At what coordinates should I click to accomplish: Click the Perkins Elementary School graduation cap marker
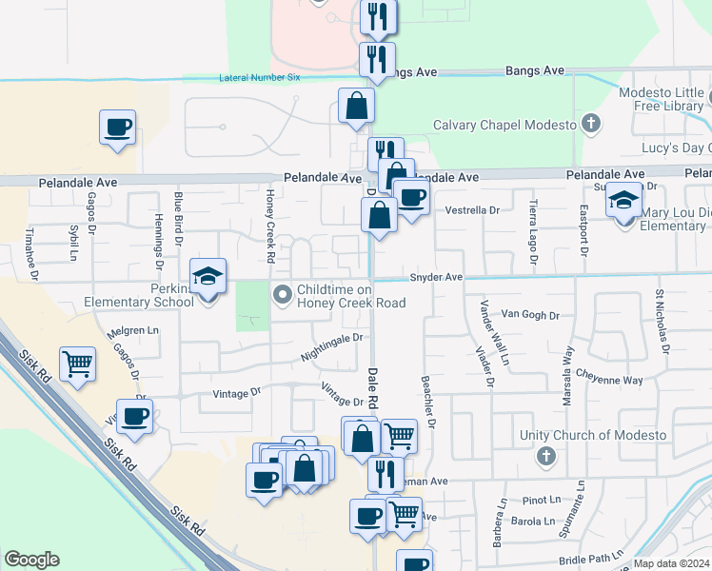pos(208,277)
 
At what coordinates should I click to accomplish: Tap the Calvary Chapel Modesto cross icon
pos(591,124)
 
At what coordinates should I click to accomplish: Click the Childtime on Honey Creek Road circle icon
pos(282,295)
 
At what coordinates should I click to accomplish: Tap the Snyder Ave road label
pos(436,277)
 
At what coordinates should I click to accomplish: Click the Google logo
pos(31,560)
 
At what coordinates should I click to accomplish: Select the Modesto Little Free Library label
pos(660,99)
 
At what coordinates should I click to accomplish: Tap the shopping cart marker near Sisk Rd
pos(77,363)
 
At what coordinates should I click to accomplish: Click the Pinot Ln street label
pos(542,500)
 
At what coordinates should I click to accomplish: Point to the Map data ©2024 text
pos(670,563)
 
